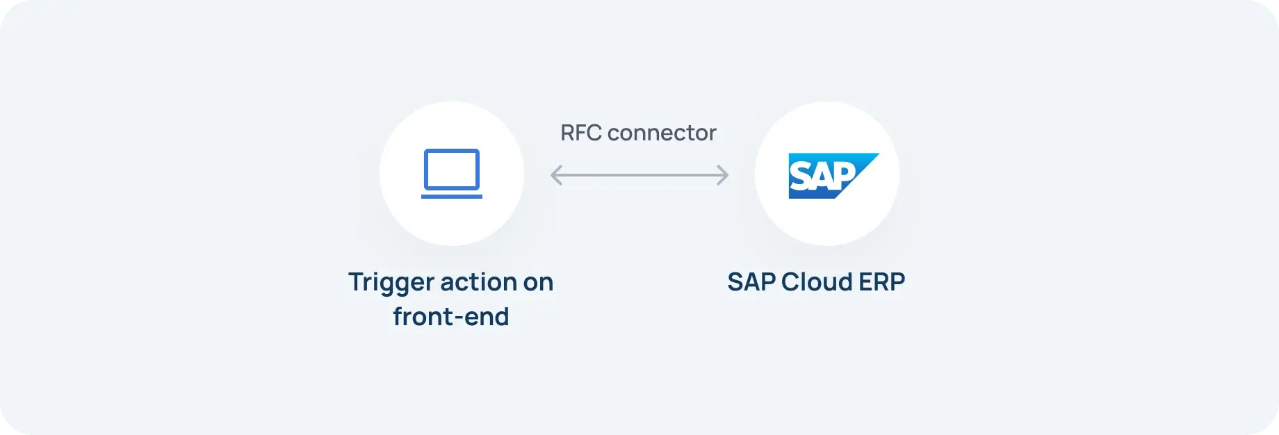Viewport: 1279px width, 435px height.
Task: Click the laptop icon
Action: [x=452, y=174]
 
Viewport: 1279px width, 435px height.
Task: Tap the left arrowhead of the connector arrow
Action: [x=555, y=175]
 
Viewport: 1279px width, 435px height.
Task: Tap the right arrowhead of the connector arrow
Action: [x=724, y=175]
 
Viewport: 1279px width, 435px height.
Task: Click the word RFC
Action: [x=580, y=133]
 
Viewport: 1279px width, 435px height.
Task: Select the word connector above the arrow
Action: [x=662, y=133]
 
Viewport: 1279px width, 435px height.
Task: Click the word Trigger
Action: [x=390, y=283]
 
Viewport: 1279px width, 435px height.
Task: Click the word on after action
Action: [x=538, y=283]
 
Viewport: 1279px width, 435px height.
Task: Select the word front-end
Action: [x=450, y=317]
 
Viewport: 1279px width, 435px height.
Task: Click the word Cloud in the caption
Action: [x=817, y=282]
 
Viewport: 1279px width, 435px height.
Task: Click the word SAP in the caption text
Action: [x=751, y=282]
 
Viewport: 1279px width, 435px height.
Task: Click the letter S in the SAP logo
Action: [x=799, y=177]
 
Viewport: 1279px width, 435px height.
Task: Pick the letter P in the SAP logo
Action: [x=845, y=176]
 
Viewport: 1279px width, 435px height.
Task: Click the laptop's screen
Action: [x=452, y=169]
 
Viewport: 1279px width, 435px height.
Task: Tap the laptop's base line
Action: [x=452, y=196]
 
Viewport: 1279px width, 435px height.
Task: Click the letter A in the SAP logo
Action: [x=822, y=177]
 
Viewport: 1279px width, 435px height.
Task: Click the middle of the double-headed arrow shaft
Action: [x=639, y=175]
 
